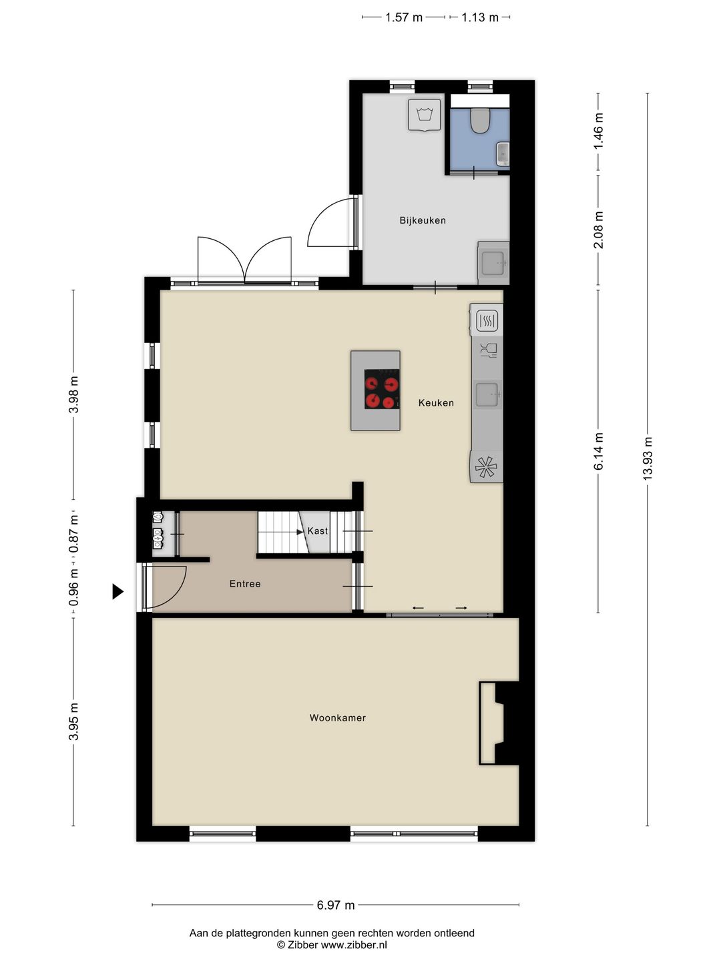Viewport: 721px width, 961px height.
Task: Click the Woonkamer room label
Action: (337, 718)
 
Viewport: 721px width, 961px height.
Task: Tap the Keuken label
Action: (436, 403)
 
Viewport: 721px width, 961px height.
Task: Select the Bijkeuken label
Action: (423, 220)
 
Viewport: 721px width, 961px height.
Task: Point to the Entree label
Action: (245, 584)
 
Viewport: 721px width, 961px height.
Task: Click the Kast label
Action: (318, 531)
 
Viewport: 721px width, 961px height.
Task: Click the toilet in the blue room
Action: (480, 121)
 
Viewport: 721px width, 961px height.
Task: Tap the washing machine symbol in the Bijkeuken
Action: (424, 116)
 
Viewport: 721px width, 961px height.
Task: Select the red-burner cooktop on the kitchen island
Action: (382, 389)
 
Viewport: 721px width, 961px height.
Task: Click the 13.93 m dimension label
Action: (647, 458)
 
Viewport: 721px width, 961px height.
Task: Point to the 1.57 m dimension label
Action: (403, 17)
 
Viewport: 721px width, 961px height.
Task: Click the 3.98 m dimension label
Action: (74, 394)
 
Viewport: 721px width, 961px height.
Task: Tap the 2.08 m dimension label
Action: (598, 230)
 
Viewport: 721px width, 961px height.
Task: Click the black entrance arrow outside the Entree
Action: (117, 591)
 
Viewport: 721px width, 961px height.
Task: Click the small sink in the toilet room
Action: (503, 153)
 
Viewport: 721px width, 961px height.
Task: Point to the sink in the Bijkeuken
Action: (493, 262)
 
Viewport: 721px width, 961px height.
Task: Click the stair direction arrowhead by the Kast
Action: (300, 532)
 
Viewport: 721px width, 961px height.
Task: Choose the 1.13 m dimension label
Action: (479, 17)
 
